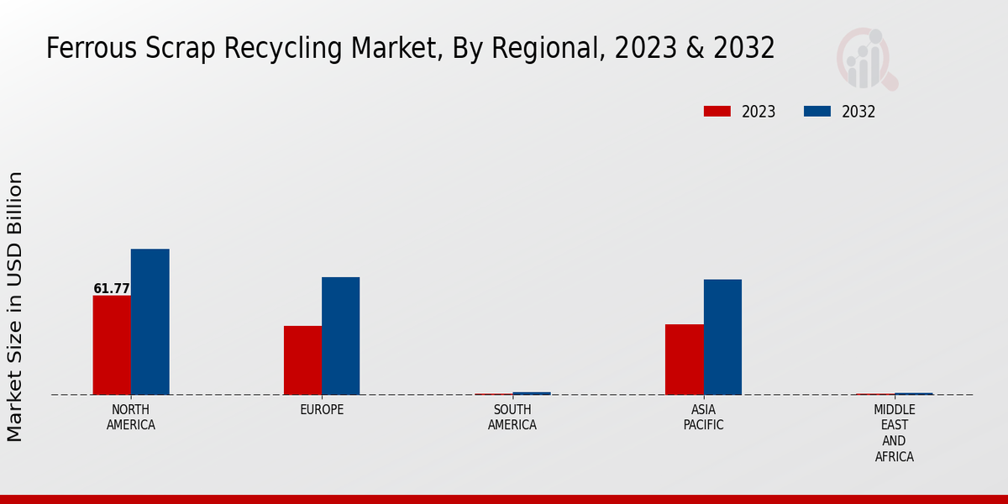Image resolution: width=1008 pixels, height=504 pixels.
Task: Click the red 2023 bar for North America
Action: pos(112,344)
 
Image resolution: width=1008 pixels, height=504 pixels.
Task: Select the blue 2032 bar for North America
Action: pos(150,322)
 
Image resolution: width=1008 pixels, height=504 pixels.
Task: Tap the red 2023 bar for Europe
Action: pos(302,360)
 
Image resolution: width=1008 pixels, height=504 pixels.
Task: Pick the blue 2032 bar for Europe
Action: pos(340,335)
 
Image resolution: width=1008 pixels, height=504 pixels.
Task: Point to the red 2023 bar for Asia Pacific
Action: pos(684,359)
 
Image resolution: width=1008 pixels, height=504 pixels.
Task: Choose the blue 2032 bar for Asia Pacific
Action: pos(722,336)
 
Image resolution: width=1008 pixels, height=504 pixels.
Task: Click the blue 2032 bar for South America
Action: pos(532,393)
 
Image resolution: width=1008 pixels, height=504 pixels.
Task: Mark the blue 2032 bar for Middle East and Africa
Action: pos(913,393)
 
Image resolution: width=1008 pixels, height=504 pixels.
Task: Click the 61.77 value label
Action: pos(112,289)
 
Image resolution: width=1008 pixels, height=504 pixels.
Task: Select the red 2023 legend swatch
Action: pos(717,112)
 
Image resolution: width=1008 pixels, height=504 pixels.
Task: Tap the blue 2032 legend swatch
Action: pos(817,112)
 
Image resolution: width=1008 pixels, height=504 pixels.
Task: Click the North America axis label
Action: pos(131,417)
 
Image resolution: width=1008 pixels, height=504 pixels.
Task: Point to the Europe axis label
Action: pos(322,410)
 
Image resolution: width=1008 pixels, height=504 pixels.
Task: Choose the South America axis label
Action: pos(512,417)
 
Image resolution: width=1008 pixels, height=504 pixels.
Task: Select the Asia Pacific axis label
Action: pos(703,417)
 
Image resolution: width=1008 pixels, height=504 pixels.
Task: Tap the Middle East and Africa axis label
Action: pos(894,433)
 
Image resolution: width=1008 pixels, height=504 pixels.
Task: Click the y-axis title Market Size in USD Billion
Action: pos(15,307)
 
